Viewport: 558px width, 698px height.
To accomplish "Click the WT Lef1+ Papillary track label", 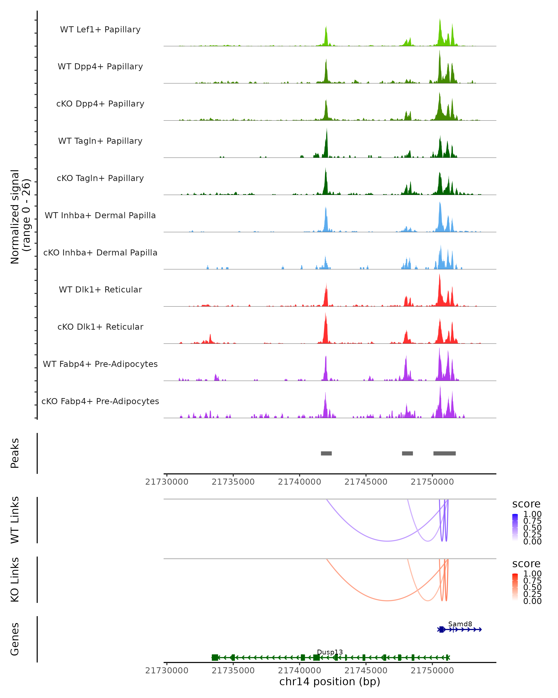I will (x=100, y=30).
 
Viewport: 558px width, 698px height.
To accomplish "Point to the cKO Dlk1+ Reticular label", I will (x=100, y=327).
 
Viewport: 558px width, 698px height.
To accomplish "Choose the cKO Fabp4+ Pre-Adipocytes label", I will (x=100, y=401).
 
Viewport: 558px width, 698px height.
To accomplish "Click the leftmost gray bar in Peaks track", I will (x=326, y=453).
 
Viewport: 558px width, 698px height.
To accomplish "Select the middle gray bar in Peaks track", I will (x=407, y=453).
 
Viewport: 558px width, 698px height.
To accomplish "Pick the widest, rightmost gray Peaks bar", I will (x=445, y=453).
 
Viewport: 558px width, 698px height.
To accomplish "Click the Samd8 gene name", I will (x=460, y=624).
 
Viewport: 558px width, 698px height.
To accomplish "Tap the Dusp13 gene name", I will (x=330, y=652).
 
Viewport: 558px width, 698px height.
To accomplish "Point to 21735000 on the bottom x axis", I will (x=233, y=671).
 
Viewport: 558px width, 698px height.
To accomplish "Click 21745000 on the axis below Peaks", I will (x=366, y=482).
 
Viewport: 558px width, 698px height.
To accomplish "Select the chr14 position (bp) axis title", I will (x=330, y=682).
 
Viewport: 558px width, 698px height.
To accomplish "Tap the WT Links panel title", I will (x=15, y=520).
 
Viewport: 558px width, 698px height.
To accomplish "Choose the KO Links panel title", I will (x=15, y=580).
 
